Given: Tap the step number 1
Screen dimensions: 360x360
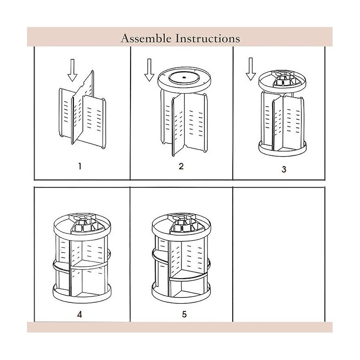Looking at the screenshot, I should (79, 166).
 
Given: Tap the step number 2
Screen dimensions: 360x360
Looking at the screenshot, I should (181, 166).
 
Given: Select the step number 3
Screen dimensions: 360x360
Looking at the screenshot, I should (283, 170).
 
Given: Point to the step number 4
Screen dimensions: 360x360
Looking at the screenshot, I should (80, 314).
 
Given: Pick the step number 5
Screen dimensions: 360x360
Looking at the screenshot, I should (184, 314).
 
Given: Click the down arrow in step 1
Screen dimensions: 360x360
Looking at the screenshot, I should (71, 71).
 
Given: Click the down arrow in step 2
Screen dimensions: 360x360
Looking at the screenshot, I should (148, 72).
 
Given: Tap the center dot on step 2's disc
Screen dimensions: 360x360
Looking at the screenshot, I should (184, 78).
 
